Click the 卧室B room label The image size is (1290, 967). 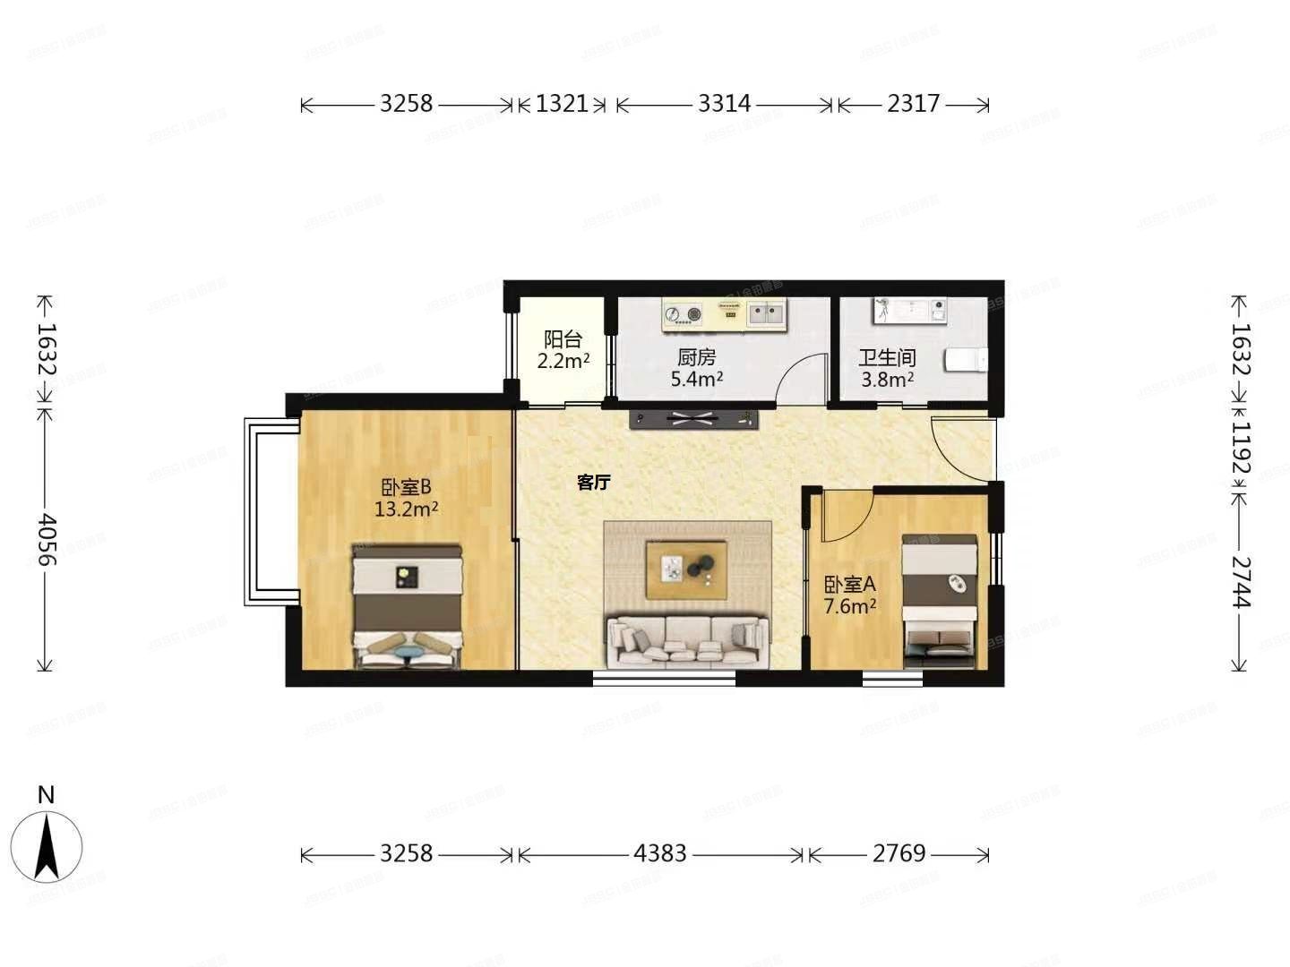(x=407, y=487)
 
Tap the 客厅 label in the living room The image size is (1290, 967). (x=593, y=483)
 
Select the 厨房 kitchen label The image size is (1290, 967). (x=696, y=357)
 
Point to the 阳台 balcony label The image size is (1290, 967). (x=563, y=340)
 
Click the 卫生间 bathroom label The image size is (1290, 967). (x=887, y=358)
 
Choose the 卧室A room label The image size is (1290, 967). (x=849, y=585)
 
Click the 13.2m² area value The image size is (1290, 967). (x=406, y=510)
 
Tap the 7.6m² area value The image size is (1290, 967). (x=849, y=607)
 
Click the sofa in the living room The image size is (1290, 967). (x=687, y=641)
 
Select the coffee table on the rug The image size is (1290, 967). (x=687, y=569)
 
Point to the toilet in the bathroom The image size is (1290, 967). (x=966, y=360)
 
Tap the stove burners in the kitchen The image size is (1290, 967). (x=683, y=313)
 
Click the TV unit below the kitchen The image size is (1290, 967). (x=693, y=418)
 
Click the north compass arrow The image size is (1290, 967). (x=46, y=846)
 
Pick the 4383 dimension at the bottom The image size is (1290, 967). (x=659, y=853)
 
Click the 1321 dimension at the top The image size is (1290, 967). (x=562, y=104)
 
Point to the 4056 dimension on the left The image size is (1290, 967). (x=46, y=539)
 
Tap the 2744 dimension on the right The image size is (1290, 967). (x=1240, y=582)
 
